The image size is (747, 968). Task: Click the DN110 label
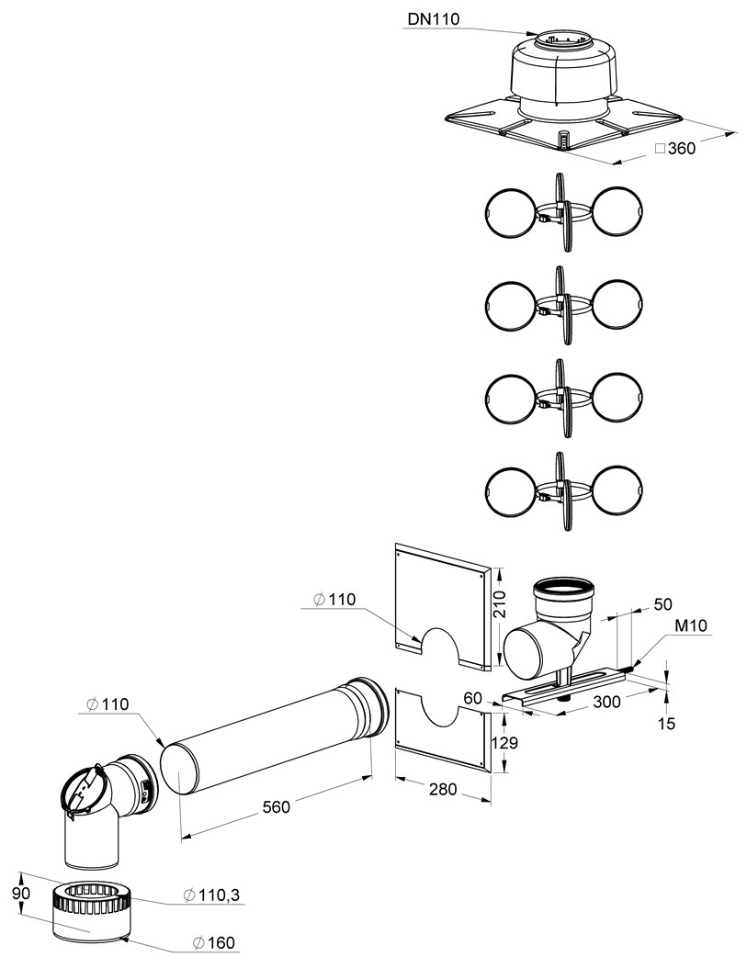coord(433,19)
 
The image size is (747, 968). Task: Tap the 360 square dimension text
coord(675,148)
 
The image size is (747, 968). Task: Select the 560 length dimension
coord(277,806)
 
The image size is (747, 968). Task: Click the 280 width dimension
coord(443,788)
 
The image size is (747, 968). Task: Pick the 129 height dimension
coord(504,743)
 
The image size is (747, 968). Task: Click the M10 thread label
coord(691,626)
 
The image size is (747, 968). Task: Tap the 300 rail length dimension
coord(607,701)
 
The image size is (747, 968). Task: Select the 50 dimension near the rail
coord(662,603)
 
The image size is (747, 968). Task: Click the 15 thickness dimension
coord(666,722)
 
